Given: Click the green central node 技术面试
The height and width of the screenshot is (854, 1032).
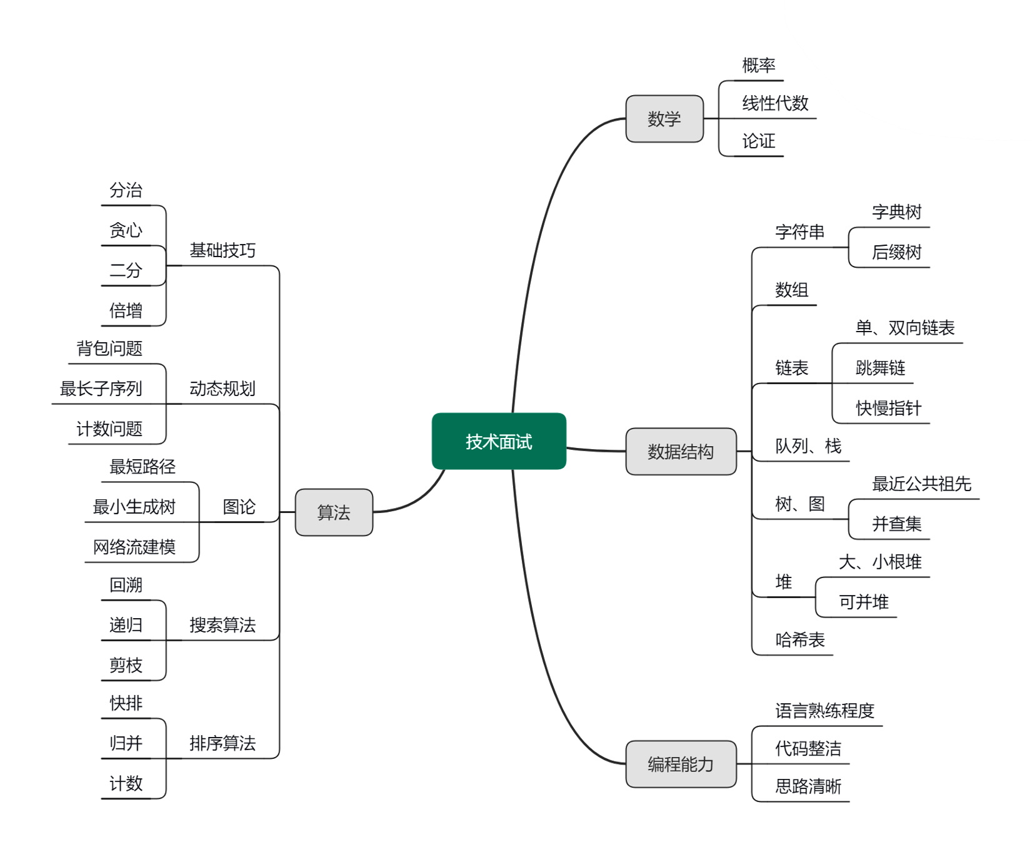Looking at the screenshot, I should click(x=499, y=442).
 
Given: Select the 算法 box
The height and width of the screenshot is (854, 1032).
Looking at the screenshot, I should click(x=334, y=512).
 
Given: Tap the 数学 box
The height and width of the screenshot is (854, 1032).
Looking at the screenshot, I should click(x=664, y=119).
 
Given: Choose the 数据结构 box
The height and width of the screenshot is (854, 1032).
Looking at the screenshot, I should click(x=681, y=452).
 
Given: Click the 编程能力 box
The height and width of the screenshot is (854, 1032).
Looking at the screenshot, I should click(x=681, y=764).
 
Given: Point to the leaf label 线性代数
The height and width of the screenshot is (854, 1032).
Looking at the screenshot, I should click(x=775, y=103).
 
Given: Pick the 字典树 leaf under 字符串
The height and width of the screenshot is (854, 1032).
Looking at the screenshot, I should click(x=896, y=213).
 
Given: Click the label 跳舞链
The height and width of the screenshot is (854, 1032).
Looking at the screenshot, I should click(x=880, y=367).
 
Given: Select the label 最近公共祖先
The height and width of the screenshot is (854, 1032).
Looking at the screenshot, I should click(x=921, y=484).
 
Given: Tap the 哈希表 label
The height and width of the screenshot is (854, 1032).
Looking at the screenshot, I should click(x=800, y=639).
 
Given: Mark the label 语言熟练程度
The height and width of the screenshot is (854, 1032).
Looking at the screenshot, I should click(x=824, y=711).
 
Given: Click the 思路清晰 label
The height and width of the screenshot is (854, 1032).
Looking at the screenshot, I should click(x=808, y=786).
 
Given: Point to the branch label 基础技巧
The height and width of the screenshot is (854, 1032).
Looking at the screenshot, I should click(x=223, y=251).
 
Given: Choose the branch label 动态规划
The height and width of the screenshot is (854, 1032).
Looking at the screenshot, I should click(x=223, y=389).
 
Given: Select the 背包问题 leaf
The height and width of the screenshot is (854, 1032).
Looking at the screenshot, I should click(x=109, y=348).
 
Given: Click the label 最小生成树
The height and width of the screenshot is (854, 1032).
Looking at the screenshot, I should click(x=134, y=507).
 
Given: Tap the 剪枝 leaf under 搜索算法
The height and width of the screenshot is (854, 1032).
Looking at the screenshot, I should click(x=126, y=665).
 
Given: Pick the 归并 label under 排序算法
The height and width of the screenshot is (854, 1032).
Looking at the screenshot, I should click(x=126, y=743).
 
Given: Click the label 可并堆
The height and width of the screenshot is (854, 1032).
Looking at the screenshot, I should click(x=863, y=602).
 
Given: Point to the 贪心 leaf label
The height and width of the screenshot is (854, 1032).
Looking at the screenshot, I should click(x=126, y=230).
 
